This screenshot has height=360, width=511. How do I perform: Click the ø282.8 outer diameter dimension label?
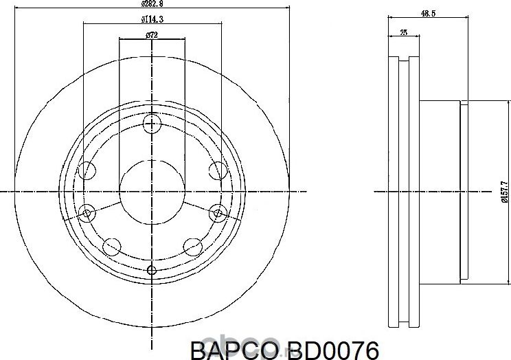pyautogui.click(x=151, y=3)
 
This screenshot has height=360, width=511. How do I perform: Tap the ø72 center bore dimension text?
pyautogui.click(x=152, y=34)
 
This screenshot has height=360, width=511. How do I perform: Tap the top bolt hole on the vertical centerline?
pyautogui.click(x=152, y=124)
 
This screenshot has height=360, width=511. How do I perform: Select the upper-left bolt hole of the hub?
pyautogui.click(x=87, y=170)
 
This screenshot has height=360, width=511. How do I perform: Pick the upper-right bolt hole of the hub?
pyautogui.click(x=216, y=170)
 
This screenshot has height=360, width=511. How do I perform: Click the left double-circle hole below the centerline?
pyautogui.click(x=87, y=213)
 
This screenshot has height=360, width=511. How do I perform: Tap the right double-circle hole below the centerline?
pyautogui.click(x=217, y=213)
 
